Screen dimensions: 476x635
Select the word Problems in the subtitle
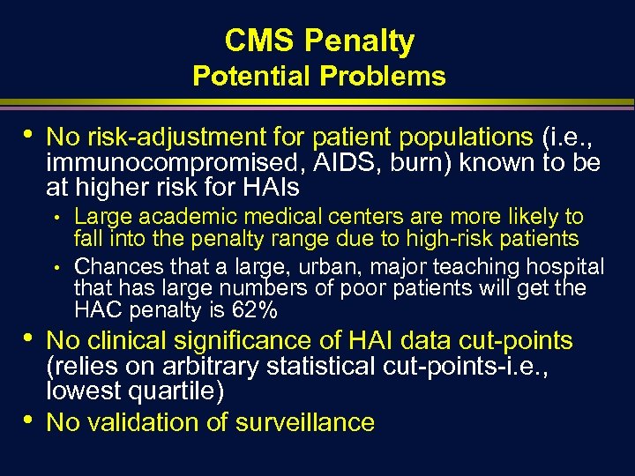point(383,77)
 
